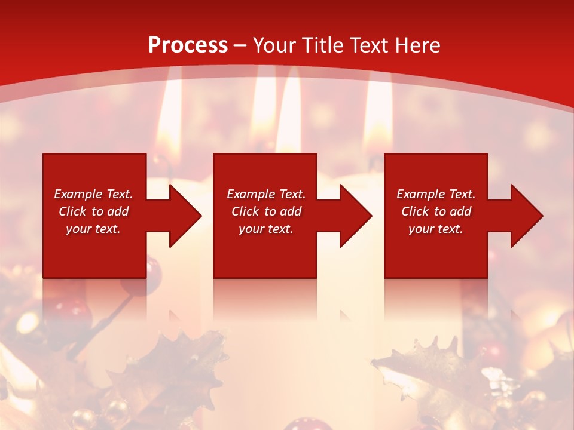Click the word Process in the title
188,45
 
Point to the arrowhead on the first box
182,216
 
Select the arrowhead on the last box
524,216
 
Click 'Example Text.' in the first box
93,194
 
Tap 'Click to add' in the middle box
266,211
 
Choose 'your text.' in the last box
435,229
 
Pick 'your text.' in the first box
93,229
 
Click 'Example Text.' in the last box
436,194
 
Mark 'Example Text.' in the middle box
266,194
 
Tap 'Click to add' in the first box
93,211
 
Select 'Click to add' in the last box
436,211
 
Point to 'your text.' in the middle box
265,229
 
